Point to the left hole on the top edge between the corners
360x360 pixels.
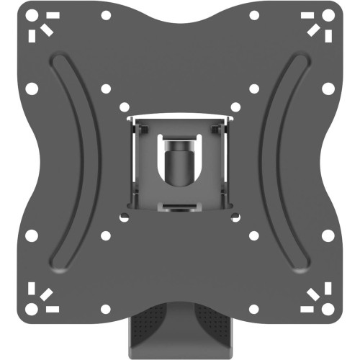pos(106,15)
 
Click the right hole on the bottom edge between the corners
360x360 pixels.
pos(253,309)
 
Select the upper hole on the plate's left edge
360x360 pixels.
pos(31,89)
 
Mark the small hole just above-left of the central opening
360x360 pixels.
pos(106,89)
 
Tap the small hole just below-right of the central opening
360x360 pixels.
pos(253,235)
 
